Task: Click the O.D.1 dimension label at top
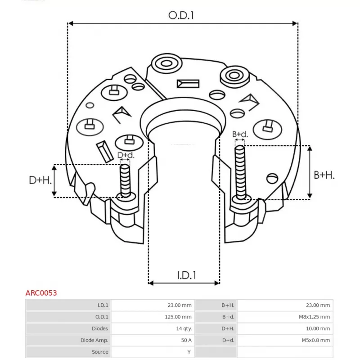point(181,15)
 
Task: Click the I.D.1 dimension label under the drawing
point(184,274)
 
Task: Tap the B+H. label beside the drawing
point(324,175)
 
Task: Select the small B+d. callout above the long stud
point(240,134)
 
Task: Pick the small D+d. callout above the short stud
point(126,155)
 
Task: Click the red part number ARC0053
point(41,292)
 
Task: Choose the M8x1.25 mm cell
point(315,317)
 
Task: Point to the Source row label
point(100,352)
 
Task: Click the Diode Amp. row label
point(94,340)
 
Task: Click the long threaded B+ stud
point(240,171)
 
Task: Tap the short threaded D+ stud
point(125,180)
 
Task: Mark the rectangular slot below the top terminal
point(188,84)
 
